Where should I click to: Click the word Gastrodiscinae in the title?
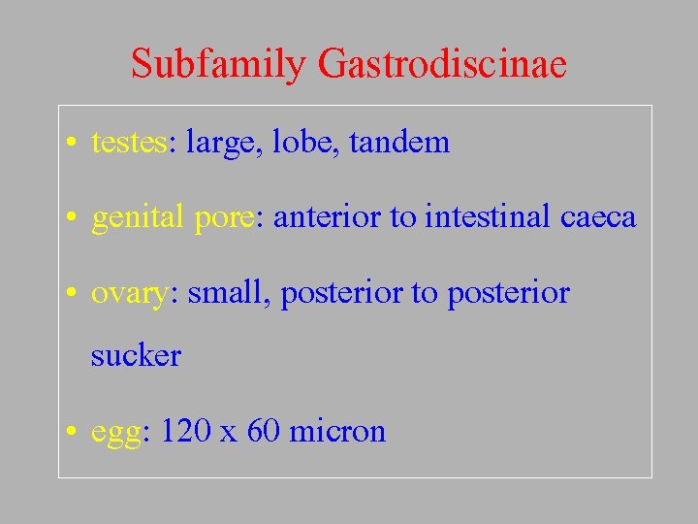[441, 65]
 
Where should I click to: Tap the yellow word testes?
[129, 144]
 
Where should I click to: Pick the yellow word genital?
[138, 218]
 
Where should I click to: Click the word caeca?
[598, 217]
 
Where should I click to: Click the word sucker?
[136, 356]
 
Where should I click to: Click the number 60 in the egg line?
[264, 430]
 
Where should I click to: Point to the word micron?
[337, 430]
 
